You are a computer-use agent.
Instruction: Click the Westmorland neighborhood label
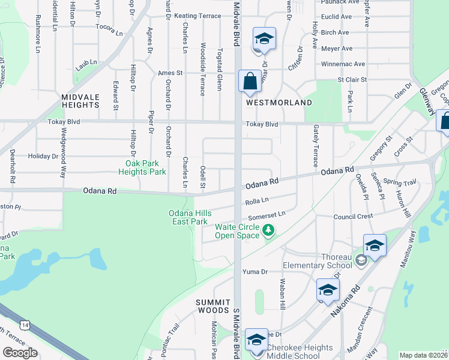(x=279, y=103)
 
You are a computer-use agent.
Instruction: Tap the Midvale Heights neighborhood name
(x=80, y=100)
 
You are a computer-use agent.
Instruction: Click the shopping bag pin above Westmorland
(x=249, y=82)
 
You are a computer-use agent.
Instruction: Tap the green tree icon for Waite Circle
(x=269, y=230)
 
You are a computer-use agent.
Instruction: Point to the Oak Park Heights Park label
(x=145, y=167)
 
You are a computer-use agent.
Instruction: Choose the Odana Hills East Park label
(x=188, y=217)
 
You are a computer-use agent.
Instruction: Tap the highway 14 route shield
(x=24, y=325)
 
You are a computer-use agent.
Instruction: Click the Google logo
(x=20, y=353)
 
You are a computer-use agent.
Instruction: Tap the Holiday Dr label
(x=43, y=156)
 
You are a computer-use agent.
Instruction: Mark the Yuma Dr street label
(x=255, y=272)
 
